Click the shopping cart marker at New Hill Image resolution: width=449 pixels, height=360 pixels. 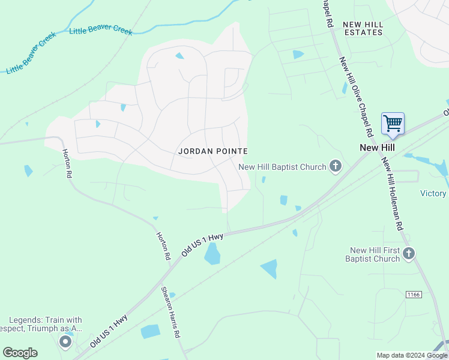tap(393, 124)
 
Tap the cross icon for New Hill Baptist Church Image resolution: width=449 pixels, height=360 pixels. tap(336, 167)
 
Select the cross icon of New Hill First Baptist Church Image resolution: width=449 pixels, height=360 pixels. tap(409, 254)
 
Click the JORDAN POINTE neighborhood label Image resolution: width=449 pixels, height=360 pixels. tap(213, 151)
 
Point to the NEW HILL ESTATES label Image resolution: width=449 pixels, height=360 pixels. tap(363, 28)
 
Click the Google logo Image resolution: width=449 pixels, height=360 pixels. tap(20, 353)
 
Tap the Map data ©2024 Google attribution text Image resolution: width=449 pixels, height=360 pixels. tap(412, 355)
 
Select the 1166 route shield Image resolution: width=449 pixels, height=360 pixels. tap(412, 294)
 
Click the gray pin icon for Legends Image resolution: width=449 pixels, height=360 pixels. tap(65, 343)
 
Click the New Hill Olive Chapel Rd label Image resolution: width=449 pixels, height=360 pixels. tap(355, 96)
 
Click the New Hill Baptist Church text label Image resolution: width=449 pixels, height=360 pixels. tap(282, 167)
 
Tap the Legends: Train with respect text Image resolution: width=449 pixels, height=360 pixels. tap(46, 325)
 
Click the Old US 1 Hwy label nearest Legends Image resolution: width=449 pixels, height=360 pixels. tap(109, 331)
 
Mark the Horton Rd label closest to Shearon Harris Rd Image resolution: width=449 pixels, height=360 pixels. tap(163, 246)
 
